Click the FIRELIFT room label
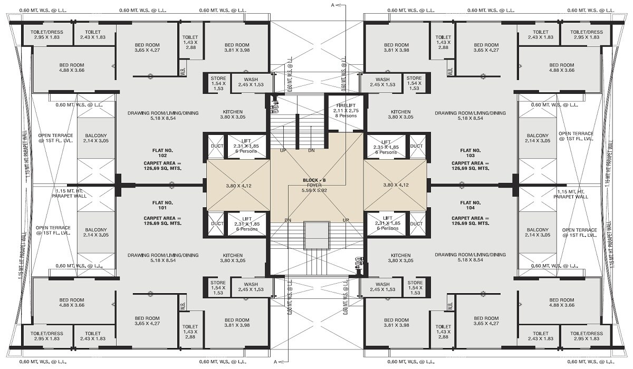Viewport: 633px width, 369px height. coord(346,105)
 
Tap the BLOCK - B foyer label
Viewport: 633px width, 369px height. coord(314,180)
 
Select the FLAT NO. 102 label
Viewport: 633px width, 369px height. coord(162,153)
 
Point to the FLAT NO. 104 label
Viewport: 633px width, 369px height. coord(470,205)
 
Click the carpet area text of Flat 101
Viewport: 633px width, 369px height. coord(162,221)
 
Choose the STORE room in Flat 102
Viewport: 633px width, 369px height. coord(218,83)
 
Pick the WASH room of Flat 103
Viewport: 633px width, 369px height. coord(382,82)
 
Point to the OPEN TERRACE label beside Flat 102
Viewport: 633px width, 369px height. coord(55,138)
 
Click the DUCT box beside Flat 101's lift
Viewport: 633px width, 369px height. coord(216,224)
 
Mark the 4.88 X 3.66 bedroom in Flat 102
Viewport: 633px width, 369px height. coord(72,67)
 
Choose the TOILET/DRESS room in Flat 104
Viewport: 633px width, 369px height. coord(587,336)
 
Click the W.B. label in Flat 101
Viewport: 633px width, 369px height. coord(183,305)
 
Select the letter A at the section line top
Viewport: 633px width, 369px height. coord(333,5)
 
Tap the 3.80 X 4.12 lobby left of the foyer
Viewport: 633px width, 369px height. coord(238,186)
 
